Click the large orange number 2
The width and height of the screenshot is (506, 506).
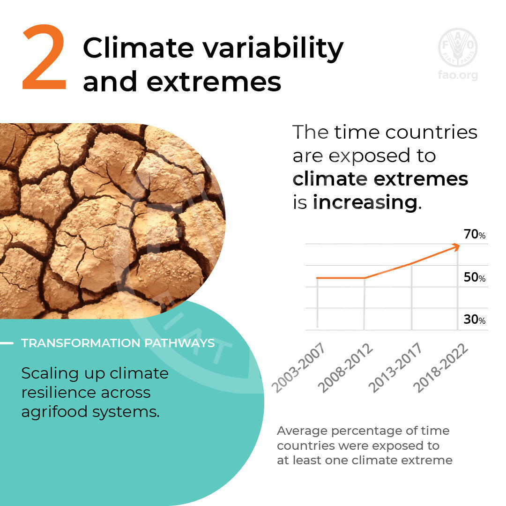click(x=44, y=57)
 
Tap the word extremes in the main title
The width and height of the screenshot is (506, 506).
click(x=214, y=82)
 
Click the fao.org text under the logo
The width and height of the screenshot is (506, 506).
click(x=458, y=75)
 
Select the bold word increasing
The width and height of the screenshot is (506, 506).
click(x=365, y=203)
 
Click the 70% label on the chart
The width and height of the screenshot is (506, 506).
click(x=474, y=234)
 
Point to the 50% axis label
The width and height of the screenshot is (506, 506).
click(x=474, y=277)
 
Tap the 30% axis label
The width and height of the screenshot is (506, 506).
click(x=474, y=320)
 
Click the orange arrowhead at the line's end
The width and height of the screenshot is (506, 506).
click(x=456, y=247)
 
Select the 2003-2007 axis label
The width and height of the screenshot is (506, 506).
click(x=298, y=367)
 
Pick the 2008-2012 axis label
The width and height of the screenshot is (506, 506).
click(x=345, y=368)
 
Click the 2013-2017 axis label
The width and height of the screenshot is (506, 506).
click(x=395, y=367)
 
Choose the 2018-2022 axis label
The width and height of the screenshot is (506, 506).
click(x=440, y=368)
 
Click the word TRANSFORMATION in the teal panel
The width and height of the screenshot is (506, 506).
click(x=81, y=343)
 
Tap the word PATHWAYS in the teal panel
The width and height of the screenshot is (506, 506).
click(x=179, y=343)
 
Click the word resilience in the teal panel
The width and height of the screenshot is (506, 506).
click(x=59, y=393)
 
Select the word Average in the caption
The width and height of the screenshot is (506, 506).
click(x=302, y=432)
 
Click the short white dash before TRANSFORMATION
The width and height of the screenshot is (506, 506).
click(x=7, y=343)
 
